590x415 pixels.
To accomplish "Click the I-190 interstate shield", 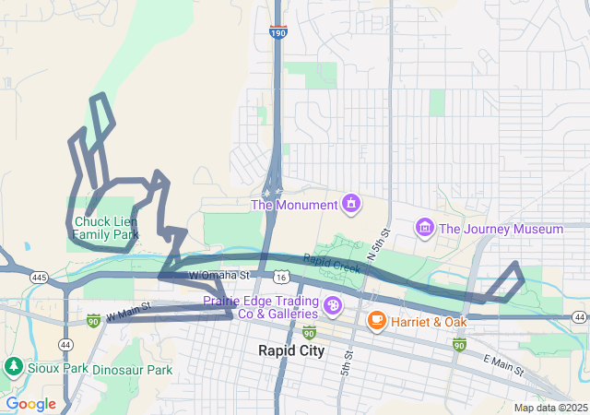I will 277,32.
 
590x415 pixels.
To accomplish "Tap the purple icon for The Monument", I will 350,202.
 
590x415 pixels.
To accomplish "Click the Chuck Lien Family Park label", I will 105,228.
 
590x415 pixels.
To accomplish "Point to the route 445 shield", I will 39,277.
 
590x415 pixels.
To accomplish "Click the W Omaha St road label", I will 219,275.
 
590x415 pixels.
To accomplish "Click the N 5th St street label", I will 378,243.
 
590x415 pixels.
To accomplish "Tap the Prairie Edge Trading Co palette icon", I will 331,305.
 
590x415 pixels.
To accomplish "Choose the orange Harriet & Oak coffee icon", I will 376,320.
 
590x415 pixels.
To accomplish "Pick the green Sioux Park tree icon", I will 13,368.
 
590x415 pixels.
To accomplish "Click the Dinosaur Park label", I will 134,370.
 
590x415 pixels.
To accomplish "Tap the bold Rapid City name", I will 290,350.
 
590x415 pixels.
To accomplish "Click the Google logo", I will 30,403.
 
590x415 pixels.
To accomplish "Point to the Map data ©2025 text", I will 549,408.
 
